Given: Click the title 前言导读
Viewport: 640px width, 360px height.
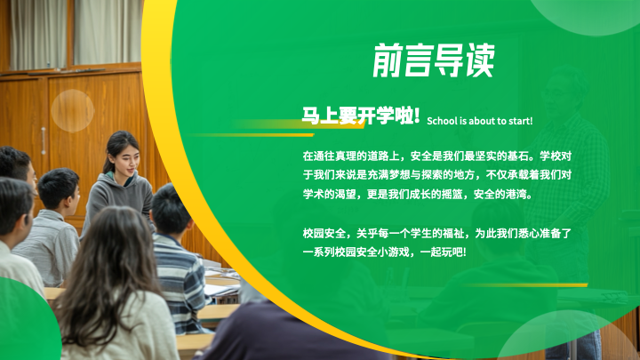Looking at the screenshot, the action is (x=434, y=60).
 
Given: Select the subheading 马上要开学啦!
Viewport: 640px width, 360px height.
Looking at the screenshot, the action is (x=361, y=116).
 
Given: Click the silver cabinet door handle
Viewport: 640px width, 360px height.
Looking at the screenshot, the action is (x=44, y=140).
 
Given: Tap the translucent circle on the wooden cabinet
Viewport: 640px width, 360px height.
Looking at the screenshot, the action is (x=73, y=110).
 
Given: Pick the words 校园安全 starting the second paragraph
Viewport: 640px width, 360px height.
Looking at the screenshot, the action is (x=324, y=234).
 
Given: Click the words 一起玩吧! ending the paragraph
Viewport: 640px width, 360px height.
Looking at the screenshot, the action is (x=444, y=252).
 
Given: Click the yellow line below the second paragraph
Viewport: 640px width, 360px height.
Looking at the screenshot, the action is (x=526, y=285).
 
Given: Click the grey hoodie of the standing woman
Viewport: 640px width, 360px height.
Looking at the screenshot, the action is (x=119, y=200).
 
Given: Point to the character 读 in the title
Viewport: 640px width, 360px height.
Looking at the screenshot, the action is (x=480, y=60).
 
